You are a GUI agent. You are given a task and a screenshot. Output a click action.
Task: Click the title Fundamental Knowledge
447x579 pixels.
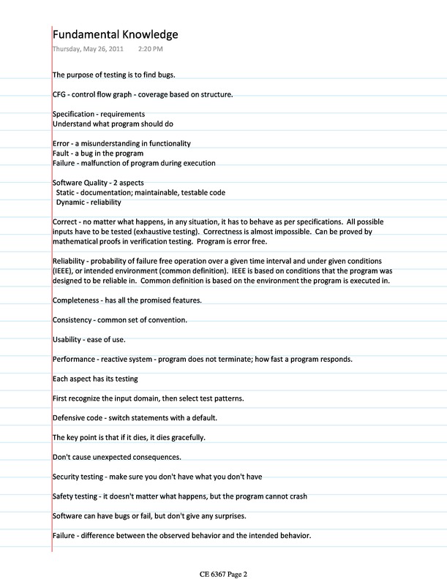(115, 34)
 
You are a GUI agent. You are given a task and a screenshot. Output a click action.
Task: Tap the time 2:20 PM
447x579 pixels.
(150, 49)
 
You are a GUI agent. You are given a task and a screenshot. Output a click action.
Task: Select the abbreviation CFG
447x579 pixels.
(60, 94)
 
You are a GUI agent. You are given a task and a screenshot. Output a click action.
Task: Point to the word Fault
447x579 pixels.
(61, 154)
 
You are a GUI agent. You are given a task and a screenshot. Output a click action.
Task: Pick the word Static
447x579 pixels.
(67, 192)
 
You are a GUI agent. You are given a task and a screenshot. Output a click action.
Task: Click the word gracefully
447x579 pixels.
(186, 437)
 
